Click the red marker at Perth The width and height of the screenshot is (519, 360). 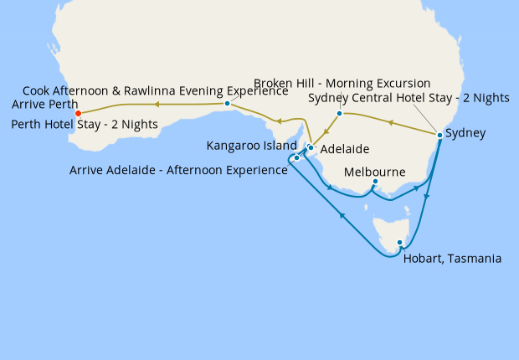(78, 113)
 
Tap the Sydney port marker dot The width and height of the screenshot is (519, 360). (439, 135)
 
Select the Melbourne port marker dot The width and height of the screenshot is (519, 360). (375, 182)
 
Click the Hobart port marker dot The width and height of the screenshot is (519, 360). (399, 243)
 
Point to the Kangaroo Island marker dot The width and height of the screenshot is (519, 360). (297, 157)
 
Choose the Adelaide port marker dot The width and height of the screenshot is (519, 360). (311, 148)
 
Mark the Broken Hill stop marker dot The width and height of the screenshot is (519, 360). (339, 113)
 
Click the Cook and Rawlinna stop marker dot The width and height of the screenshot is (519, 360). (228, 104)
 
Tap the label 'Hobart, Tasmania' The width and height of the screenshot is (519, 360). (452, 259)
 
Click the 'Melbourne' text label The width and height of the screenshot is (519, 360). (374, 172)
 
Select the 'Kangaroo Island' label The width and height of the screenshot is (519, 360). (250, 146)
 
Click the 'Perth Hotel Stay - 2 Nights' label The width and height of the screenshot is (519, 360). (85, 124)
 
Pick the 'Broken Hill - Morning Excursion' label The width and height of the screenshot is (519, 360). (342, 84)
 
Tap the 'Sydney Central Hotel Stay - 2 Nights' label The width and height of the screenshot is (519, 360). (409, 98)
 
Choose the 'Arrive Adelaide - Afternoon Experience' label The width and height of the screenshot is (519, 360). (178, 171)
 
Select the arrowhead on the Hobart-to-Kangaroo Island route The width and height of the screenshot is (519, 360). (342, 216)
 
